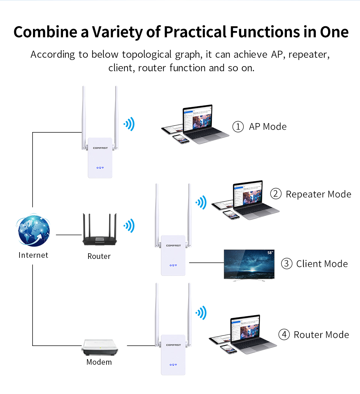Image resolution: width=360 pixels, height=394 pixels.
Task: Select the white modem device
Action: pyautogui.click(x=98, y=347)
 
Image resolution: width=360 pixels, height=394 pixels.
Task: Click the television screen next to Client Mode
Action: pyautogui.click(x=249, y=264)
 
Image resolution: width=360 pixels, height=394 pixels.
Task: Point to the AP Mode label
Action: pyautogui.click(x=267, y=127)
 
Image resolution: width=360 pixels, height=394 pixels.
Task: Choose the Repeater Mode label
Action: pyautogui.click(x=318, y=194)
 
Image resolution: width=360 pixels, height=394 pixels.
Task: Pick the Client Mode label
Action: pyautogui.click(x=322, y=264)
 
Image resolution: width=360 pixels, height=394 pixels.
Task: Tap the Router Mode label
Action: pyautogui.click(x=321, y=335)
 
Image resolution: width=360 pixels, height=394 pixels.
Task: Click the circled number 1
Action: pyautogui.click(x=238, y=127)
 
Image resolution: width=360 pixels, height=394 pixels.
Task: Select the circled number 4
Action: pyautogui.click(x=284, y=335)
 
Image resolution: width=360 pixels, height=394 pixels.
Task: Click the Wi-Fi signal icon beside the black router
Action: pyautogui.click(x=129, y=226)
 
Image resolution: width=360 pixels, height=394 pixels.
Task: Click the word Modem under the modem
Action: pyautogui.click(x=99, y=362)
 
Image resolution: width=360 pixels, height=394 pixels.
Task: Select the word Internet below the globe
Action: pyautogui.click(x=33, y=255)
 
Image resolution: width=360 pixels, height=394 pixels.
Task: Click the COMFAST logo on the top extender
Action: pyautogui.click(x=100, y=148)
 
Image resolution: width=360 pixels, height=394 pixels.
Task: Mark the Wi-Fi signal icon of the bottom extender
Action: pyautogui.click(x=201, y=312)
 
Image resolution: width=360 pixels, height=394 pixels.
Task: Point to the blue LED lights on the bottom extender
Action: pyautogui.click(x=173, y=364)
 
